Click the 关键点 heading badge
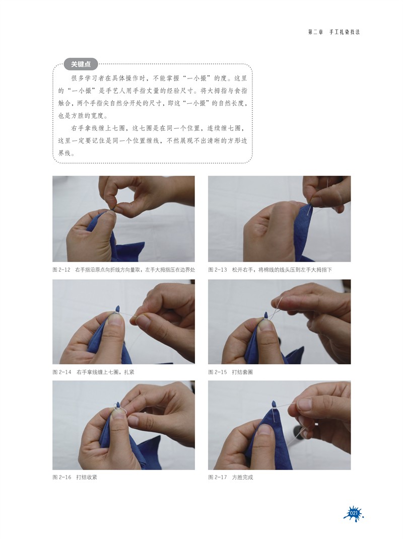pos(81,64)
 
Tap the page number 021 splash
pos(354,513)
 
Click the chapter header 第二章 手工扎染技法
pos(334,32)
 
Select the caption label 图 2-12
pos(61,270)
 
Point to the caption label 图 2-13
pos(217,270)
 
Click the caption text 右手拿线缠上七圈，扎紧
pos(105,372)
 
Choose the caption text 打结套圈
pos(242,372)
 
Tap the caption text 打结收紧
pos(87,477)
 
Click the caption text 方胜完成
pos(242,477)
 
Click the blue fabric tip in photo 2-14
pos(117,308)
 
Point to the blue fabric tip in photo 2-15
pos(266,315)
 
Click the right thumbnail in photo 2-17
pos(304,404)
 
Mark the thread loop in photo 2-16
pos(120,409)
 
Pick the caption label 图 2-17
pos(217,477)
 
